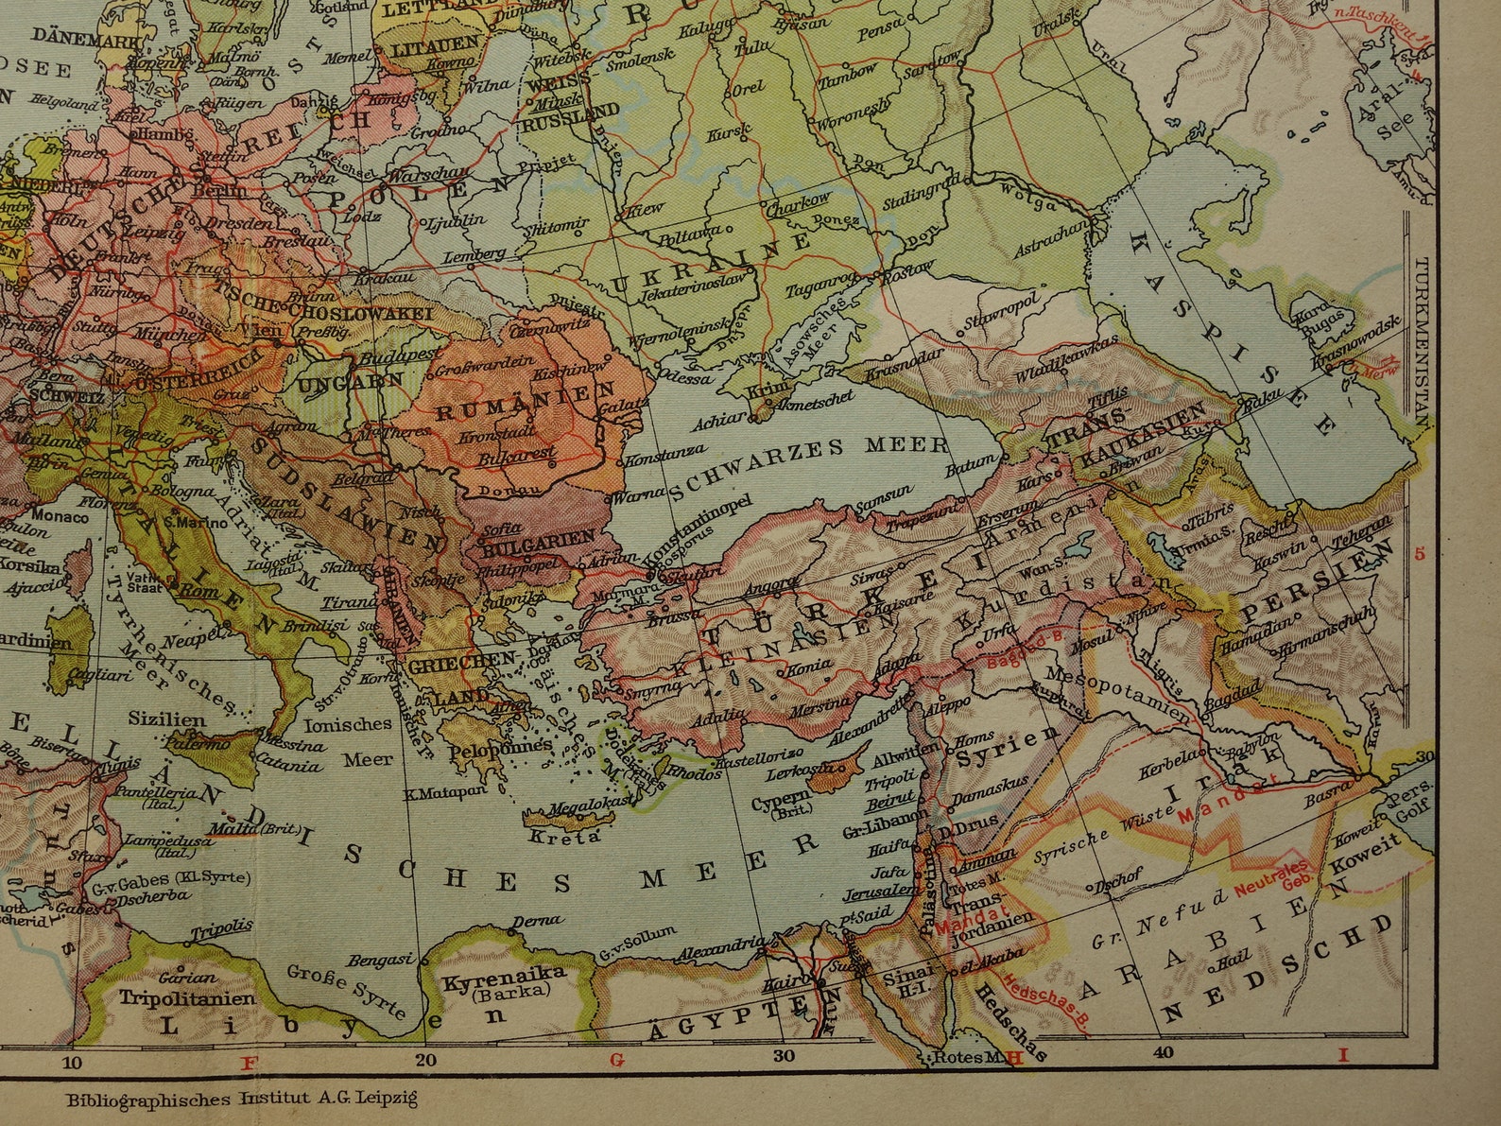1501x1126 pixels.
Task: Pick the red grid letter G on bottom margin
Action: pyautogui.click(x=618, y=1060)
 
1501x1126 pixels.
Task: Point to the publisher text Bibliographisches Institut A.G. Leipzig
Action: pyautogui.click(x=242, y=1099)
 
